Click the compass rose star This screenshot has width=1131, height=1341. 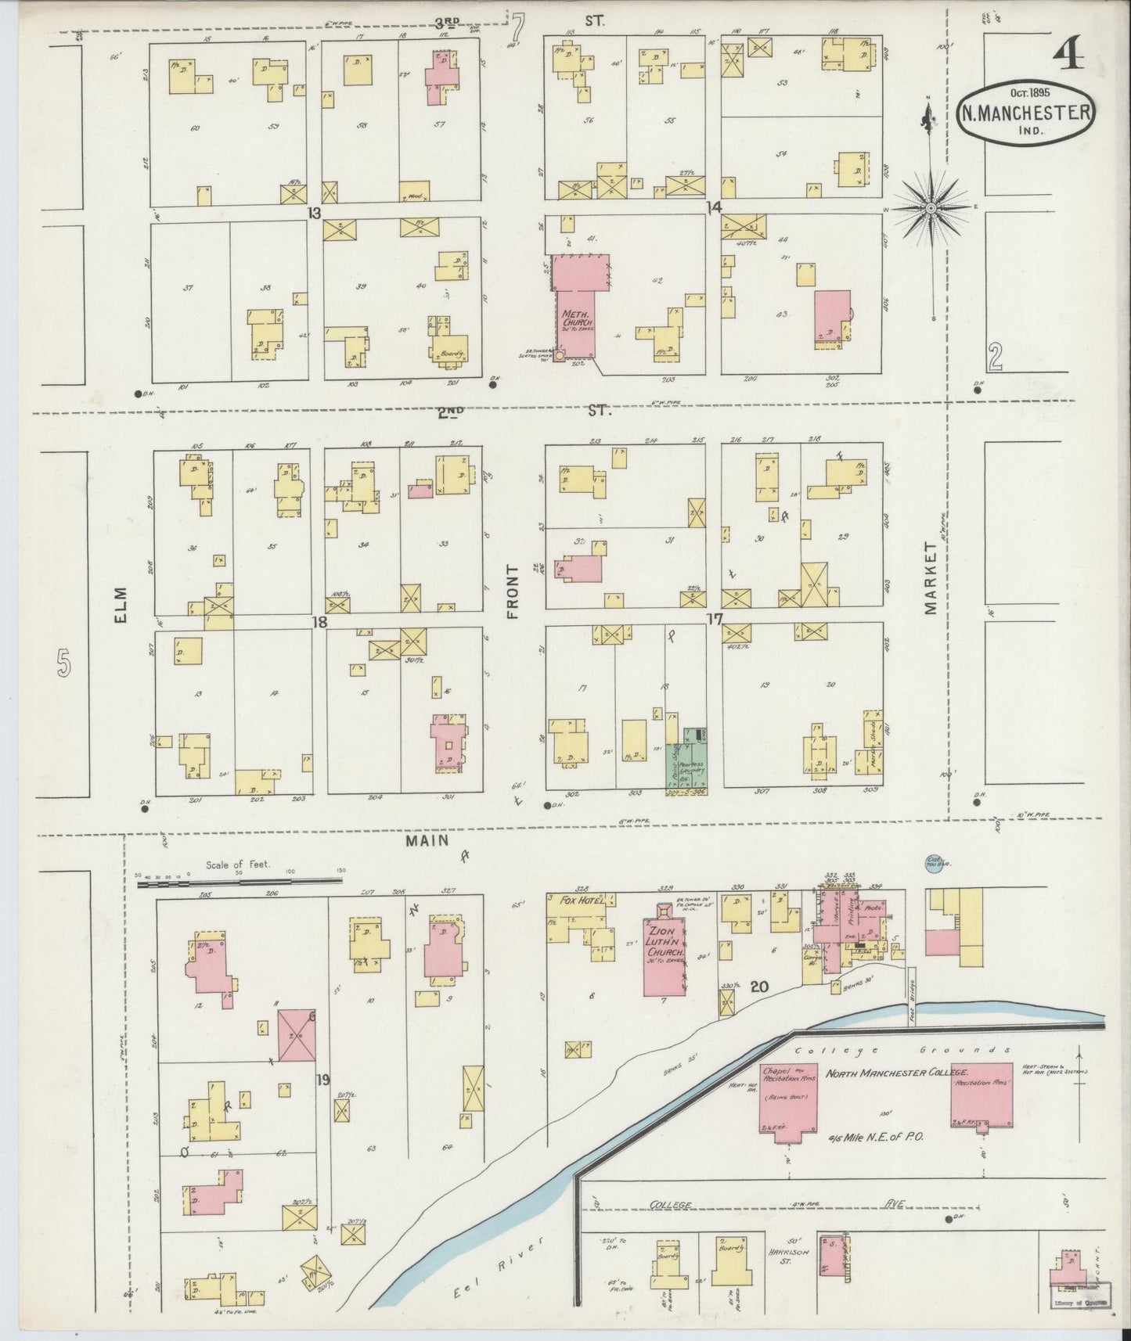coord(931,208)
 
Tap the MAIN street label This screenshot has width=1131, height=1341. coord(427,840)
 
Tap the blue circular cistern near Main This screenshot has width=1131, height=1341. coord(933,861)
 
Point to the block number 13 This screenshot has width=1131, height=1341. coord(314,212)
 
